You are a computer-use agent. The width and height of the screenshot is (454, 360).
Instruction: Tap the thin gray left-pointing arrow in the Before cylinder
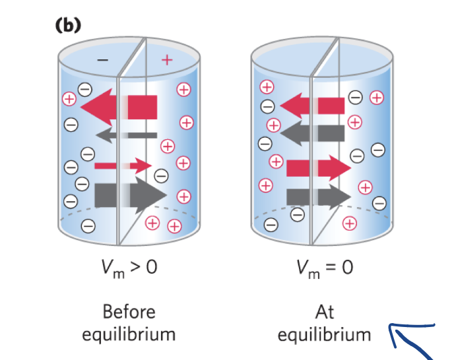(x=125, y=135)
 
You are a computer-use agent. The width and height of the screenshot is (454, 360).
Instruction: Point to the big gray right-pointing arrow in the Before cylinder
(x=129, y=194)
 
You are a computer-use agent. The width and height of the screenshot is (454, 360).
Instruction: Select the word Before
(x=129, y=311)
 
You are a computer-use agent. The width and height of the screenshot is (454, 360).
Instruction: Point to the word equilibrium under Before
(x=129, y=334)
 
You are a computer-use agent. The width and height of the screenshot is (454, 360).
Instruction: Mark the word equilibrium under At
(x=324, y=334)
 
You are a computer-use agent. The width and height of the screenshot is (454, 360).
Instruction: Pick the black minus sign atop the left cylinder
(x=102, y=60)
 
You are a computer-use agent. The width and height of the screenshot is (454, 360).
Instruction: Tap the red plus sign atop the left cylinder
(x=166, y=61)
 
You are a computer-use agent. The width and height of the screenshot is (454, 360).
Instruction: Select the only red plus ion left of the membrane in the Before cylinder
(x=68, y=100)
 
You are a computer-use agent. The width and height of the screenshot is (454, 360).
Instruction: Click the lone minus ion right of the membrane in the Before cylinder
(x=161, y=175)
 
